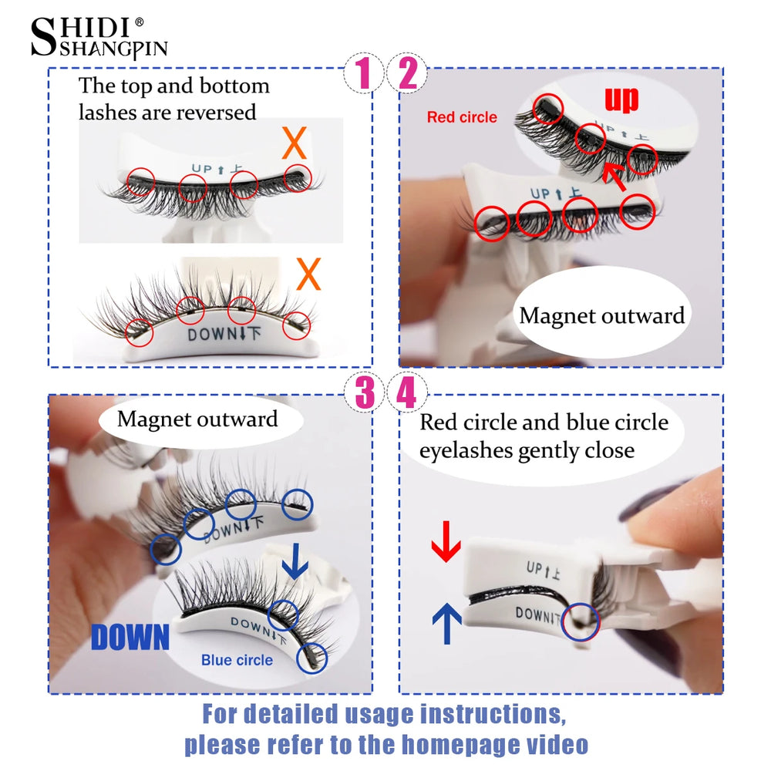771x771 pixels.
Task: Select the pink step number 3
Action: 364,394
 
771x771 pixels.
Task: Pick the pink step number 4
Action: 406,394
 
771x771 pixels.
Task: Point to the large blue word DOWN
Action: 130,637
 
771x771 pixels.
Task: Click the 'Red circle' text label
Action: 462,117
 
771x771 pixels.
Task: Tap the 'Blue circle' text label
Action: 237,660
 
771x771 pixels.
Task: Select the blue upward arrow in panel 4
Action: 446,621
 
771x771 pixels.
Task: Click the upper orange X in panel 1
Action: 295,143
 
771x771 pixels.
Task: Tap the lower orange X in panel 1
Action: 308,274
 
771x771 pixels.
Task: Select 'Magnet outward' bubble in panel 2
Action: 601,315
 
